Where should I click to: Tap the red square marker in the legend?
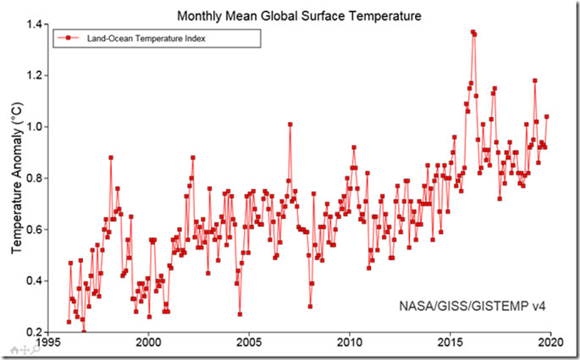pos(68,38)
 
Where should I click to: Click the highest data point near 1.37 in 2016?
pos(472,32)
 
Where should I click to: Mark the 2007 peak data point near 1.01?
pos(290,125)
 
